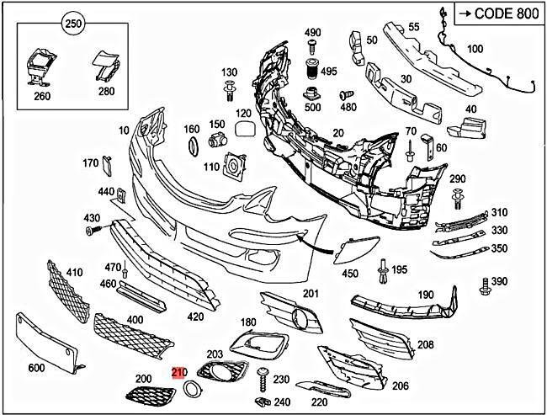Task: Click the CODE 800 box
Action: tap(497, 13)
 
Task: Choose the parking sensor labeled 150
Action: tap(217, 140)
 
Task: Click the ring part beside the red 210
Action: tap(192, 388)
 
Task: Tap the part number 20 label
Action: tap(338, 133)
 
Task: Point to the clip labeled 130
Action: tap(228, 88)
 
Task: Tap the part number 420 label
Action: tap(195, 317)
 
